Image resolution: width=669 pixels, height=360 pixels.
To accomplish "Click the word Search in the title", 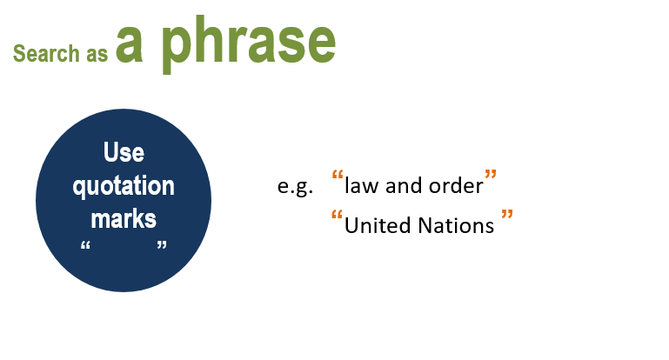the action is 46,53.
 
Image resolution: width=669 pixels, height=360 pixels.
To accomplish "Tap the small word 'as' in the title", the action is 97,55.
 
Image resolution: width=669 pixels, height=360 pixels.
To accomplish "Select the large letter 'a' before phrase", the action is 129,43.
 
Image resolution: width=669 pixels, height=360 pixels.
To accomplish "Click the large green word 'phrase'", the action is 249,45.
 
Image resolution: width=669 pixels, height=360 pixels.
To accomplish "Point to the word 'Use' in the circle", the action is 124,152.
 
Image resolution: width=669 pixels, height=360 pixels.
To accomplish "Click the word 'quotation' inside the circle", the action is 124,186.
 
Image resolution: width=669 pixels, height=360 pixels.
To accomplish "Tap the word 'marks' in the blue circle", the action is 124,218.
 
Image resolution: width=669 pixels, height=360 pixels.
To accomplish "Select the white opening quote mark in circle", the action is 85,245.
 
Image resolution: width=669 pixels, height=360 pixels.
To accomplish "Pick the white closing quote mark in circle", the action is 162,245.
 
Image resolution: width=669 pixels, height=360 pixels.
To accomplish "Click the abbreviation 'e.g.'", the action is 295,186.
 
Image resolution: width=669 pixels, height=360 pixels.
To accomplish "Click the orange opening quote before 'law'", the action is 338,175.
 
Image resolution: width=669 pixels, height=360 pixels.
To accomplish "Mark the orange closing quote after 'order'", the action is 491,175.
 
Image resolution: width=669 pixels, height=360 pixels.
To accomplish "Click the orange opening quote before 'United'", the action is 337,215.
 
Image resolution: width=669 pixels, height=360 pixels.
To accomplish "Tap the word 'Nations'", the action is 456,225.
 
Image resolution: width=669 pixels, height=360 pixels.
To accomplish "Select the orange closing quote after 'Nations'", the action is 507,214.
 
